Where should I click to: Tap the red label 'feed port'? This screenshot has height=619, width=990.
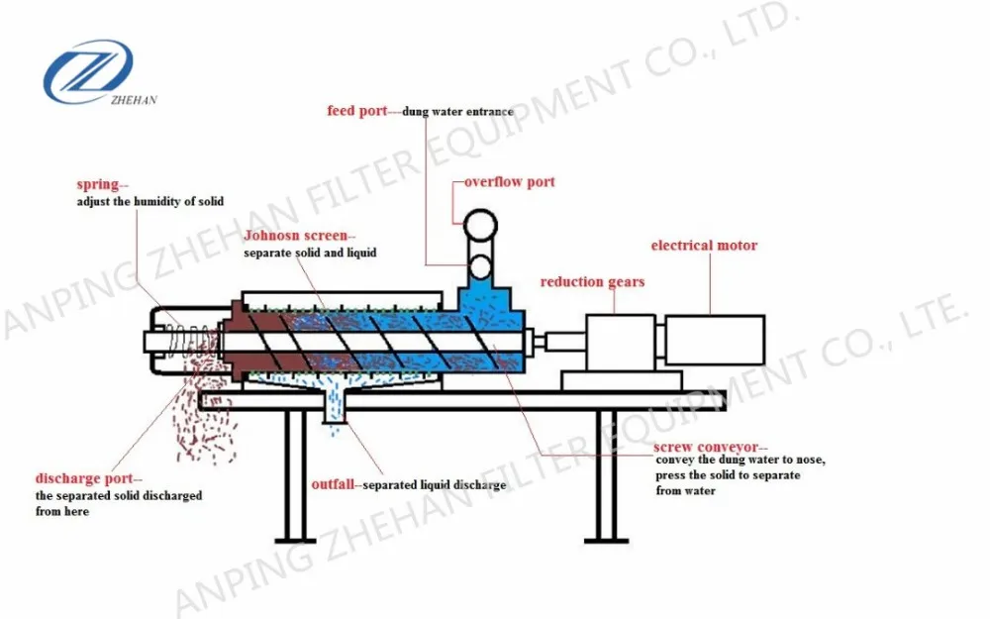click(x=357, y=111)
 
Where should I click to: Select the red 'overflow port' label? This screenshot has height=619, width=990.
click(x=510, y=182)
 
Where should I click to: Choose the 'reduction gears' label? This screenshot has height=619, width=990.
click(x=592, y=282)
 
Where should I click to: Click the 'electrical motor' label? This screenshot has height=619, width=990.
click(x=704, y=245)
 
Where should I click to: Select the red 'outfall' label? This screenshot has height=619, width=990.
click(x=335, y=485)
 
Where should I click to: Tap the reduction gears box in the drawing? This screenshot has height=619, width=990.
click(x=620, y=343)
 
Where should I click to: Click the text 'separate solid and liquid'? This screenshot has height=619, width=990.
click(x=310, y=254)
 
